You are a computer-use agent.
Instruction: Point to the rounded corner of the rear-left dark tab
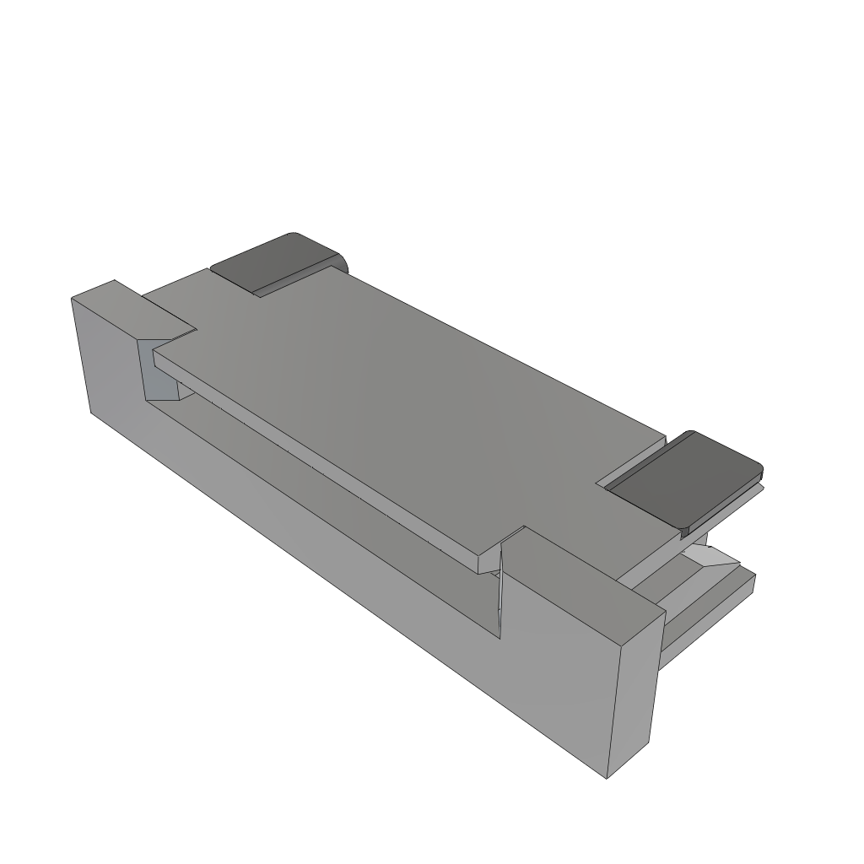click(x=293, y=235)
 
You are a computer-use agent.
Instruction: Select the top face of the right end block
click(x=582, y=582)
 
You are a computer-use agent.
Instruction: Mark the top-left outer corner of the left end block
click(x=73, y=298)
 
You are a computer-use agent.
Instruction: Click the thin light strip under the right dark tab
click(x=726, y=506)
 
